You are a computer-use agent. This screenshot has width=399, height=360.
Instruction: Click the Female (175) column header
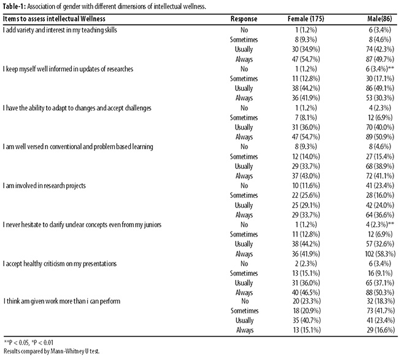click(x=306, y=19)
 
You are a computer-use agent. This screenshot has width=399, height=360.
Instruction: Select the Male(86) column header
click(x=379, y=19)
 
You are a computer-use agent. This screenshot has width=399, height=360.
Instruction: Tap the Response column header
click(x=244, y=19)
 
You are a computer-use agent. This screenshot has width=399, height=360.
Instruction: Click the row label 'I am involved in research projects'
click(x=44, y=186)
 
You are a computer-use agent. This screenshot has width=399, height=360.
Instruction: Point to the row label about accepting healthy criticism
click(x=60, y=264)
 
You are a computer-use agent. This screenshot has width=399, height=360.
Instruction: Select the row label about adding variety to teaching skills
click(x=60, y=30)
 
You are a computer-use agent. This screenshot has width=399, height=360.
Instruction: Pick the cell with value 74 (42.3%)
click(x=380, y=49)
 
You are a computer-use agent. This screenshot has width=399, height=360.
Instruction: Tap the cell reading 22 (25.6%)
click(x=306, y=195)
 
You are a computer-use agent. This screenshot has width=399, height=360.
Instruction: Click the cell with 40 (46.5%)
click(x=306, y=293)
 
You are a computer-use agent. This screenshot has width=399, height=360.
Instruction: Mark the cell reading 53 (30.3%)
click(x=380, y=98)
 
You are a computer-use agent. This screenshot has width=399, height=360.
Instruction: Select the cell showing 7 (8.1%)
click(x=306, y=117)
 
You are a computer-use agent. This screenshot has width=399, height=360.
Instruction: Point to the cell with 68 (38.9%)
click(x=380, y=166)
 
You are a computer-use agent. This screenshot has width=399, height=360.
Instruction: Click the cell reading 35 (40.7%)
click(x=307, y=321)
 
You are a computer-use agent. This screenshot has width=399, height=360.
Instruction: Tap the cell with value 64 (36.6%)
click(x=380, y=215)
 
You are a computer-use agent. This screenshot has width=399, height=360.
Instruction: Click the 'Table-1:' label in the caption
click(x=14, y=6)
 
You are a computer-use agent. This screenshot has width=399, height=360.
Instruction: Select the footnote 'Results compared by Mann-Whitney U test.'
click(x=52, y=351)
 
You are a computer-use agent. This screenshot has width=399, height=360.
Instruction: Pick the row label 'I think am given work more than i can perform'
click(x=62, y=301)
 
